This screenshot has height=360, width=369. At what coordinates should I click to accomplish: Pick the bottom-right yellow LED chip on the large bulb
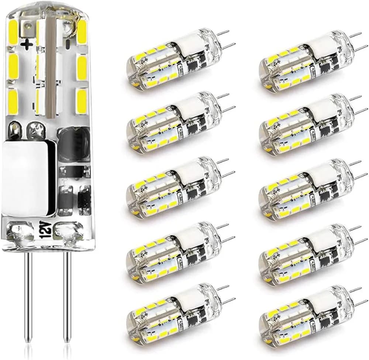[82, 100]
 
